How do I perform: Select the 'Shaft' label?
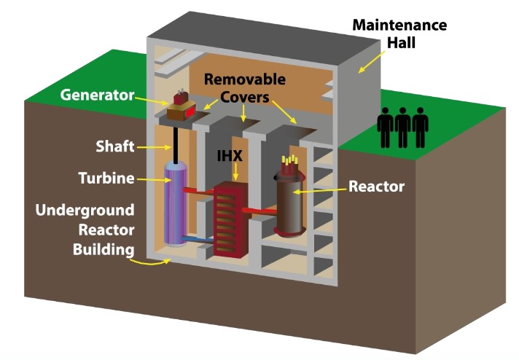pos(114,146)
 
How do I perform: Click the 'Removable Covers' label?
pos(244,87)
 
